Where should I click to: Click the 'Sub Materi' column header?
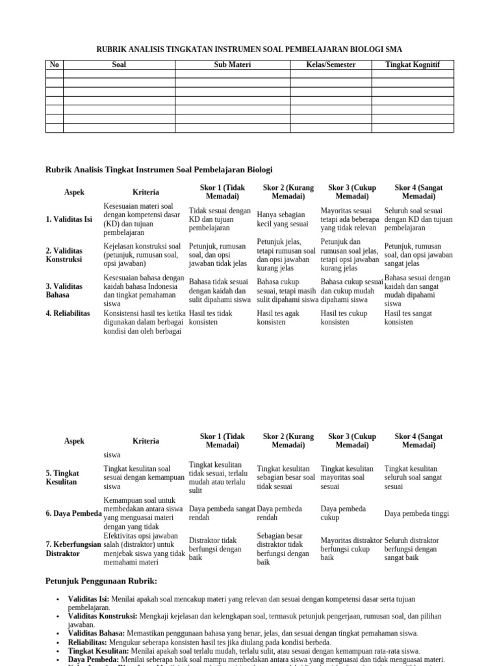click(232, 65)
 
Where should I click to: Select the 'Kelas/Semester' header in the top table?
click(331, 65)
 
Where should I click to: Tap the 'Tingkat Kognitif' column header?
click(412, 65)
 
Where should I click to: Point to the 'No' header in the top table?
click(54, 65)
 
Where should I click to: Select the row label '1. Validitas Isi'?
click(69, 219)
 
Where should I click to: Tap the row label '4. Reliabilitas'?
click(68, 313)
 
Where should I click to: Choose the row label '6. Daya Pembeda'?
click(73, 513)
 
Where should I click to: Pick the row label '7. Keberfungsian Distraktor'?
click(73, 548)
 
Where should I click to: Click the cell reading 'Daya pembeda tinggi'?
click(416, 513)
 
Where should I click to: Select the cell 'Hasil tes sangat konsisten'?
click(408, 317)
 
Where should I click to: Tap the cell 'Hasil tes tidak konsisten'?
click(211, 317)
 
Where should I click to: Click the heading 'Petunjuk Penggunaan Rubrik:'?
click(101, 580)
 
